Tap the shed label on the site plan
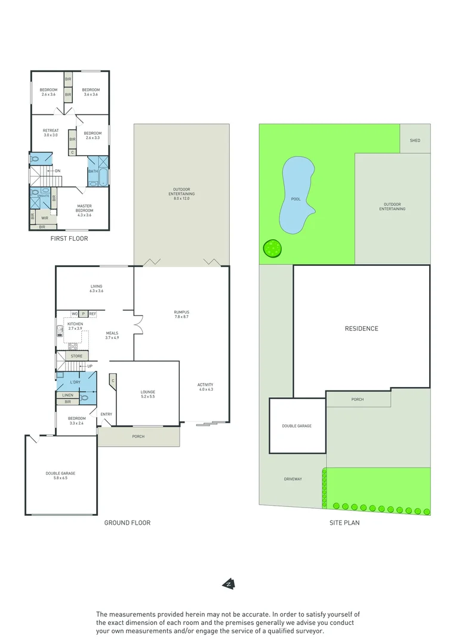415,140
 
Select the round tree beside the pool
272,248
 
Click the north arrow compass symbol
228,584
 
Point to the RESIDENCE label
361,329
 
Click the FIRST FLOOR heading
70,239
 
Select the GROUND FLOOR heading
127,523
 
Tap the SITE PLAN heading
344,523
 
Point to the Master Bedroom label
84,209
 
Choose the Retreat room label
51,133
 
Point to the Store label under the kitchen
76,356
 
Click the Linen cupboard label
67,395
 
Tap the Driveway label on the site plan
292,479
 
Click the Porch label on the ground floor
138,436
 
